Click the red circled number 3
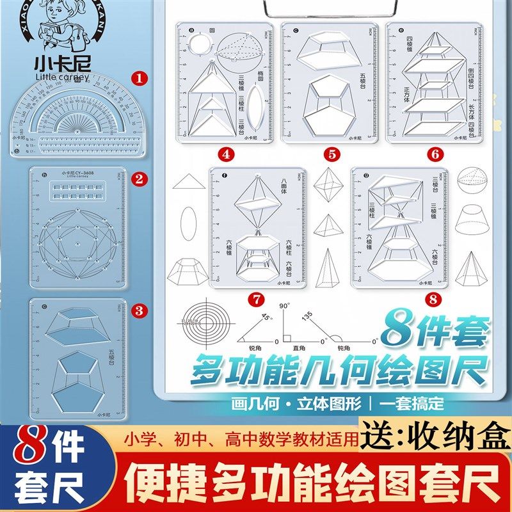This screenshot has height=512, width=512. (x=136, y=310)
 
